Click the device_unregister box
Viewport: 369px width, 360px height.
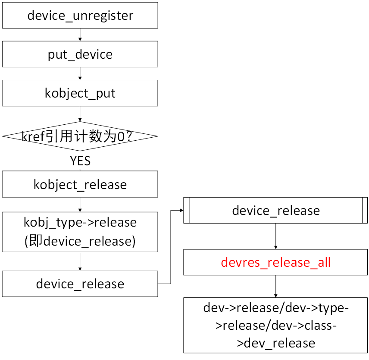pyautogui.click(x=80, y=16)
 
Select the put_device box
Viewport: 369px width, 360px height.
pyautogui.click(x=80, y=54)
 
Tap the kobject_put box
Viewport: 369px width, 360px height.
pyautogui.click(x=80, y=93)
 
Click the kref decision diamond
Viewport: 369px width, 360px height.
pyautogui.click(x=80, y=136)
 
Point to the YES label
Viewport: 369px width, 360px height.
pyautogui.click(x=80, y=161)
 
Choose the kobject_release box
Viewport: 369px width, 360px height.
pyautogui.click(x=80, y=184)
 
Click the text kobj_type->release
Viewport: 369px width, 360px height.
pyautogui.click(x=80, y=222)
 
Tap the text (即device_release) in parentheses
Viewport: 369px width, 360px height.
pyautogui.click(x=80, y=241)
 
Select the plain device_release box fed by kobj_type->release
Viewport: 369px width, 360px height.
pyautogui.click(x=80, y=284)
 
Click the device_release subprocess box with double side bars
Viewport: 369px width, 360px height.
pyautogui.click(x=276, y=210)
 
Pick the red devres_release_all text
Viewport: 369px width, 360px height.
pyautogui.click(x=276, y=262)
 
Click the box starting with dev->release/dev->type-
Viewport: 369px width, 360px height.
pyautogui.click(x=276, y=325)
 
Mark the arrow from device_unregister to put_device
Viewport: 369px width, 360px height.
pyautogui.click(x=80, y=35)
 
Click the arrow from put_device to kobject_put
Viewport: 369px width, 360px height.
pyautogui.click(x=80, y=74)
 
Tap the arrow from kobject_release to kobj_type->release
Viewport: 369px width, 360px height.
pyautogui.click(x=80, y=205)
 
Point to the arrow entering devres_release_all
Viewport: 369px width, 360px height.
pyautogui.click(x=276, y=236)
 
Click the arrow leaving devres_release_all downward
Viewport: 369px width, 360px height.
pyautogui.click(x=276, y=286)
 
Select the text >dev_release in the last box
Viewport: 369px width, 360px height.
pyautogui.click(x=276, y=343)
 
